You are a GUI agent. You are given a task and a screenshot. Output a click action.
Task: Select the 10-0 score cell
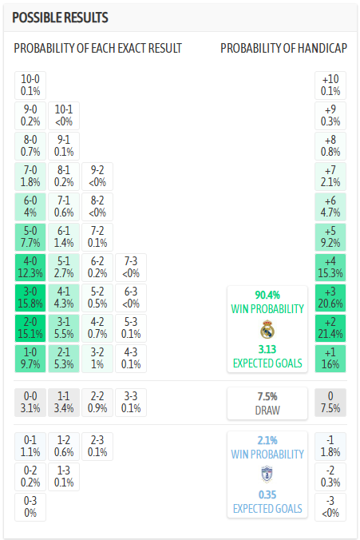tap(30, 85)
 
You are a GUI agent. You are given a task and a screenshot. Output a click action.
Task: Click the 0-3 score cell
tap(30, 506)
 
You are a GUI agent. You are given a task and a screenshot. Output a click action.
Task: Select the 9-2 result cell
tap(97, 175)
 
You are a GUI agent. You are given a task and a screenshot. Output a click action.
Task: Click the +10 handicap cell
tap(330, 85)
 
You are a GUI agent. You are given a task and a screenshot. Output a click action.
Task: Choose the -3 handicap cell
tap(330, 506)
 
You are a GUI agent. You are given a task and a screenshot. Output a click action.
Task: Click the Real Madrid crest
tap(267, 328)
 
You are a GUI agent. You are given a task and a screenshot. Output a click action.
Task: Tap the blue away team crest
tap(267, 474)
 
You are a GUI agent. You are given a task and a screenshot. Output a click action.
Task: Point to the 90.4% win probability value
tap(267, 294)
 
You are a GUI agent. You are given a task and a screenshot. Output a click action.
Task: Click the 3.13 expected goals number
tap(267, 349)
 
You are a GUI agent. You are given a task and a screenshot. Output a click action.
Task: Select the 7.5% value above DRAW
tap(267, 396)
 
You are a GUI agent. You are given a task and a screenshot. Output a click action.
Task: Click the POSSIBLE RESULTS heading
tap(61, 18)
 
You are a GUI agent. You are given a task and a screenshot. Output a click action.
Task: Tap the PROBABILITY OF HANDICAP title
tap(283, 49)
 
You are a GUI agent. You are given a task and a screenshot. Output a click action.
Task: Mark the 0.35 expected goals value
tap(267, 494)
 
